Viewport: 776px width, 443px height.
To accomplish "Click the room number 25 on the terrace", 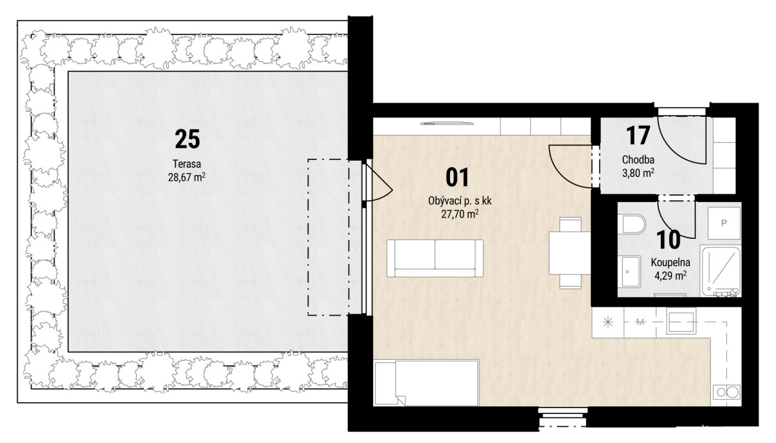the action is [188, 139].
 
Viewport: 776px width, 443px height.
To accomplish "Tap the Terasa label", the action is [187, 163].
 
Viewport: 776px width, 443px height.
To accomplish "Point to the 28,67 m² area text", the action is [187, 178].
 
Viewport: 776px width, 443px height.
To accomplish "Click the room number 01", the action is [457, 178].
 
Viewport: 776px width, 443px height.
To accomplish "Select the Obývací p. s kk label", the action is [460, 201].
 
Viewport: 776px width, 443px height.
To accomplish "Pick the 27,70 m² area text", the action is [460, 214].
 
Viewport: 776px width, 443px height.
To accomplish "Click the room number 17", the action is [638, 136].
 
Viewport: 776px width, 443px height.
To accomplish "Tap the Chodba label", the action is [638, 160].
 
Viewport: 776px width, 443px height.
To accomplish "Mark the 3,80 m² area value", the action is [638, 173].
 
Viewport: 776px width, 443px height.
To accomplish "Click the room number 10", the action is [668, 240].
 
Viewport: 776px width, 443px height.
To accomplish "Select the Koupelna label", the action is [671, 262].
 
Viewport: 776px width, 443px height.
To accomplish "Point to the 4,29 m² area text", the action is [671, 276].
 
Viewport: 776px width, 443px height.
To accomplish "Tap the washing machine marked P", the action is [724, 223].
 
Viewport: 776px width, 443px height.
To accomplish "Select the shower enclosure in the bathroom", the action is [720, 271].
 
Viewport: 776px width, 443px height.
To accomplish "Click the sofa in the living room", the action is [435, 258].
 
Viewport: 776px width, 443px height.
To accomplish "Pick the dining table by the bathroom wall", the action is [570, 252].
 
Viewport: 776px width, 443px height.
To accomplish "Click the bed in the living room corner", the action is [426, 383].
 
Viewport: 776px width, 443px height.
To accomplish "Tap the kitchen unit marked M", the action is [640, 322].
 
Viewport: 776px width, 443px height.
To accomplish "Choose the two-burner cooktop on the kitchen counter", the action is [726, 392].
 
